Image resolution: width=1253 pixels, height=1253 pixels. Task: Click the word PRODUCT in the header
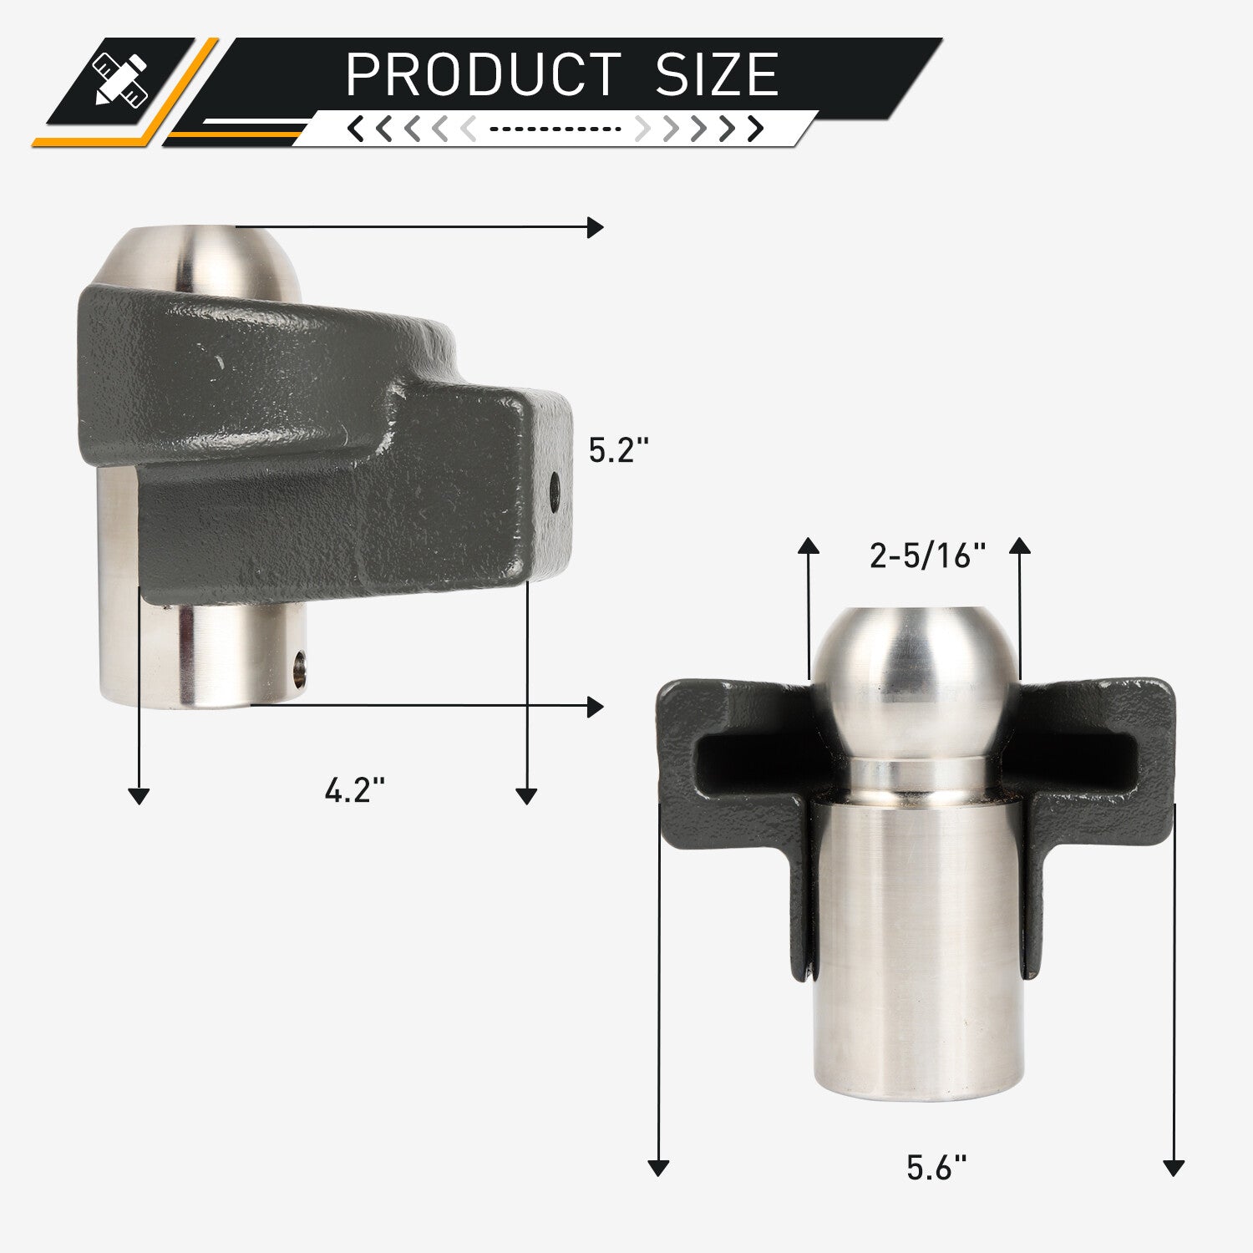tap(484, 74)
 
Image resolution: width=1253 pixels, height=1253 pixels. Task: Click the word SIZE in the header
tap(718, 74)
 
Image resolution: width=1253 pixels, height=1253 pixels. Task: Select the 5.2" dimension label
tap(619, 451)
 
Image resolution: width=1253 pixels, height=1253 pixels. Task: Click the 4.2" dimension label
tap(355, 789)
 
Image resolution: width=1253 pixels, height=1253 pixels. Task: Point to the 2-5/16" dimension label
tap(928, 555)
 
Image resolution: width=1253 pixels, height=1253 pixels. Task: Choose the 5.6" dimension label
tap(936, 1167)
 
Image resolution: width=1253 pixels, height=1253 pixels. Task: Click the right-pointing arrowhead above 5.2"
tap(596, 227)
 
